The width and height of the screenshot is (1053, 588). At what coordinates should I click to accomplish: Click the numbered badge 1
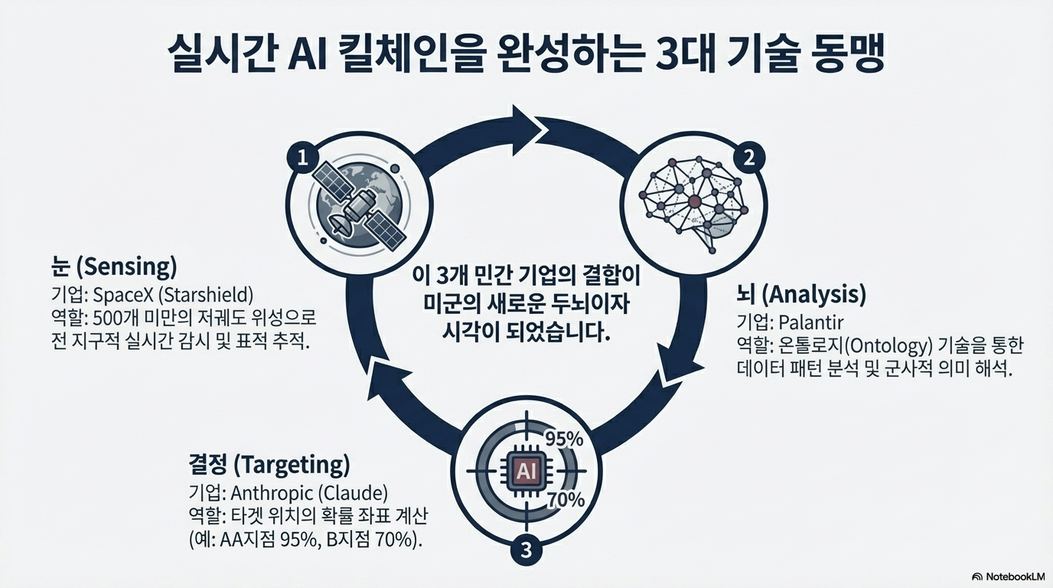click(x=303, y=158)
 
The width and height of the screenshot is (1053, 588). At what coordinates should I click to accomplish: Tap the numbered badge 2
click(x=748, y=158)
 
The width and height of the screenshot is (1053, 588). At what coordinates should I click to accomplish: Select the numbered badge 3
click(x=525, y=549)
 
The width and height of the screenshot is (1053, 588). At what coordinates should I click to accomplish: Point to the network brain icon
click(x=693, y=201)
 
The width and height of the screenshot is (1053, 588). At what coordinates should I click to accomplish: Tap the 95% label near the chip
click(x=563, y=439)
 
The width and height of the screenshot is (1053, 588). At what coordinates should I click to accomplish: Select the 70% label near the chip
click(x=566, y=501)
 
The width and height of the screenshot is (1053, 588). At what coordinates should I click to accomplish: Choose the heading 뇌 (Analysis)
click(x=800, y=293)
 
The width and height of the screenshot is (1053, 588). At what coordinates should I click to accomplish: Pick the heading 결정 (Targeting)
click(x=269, y=464)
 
